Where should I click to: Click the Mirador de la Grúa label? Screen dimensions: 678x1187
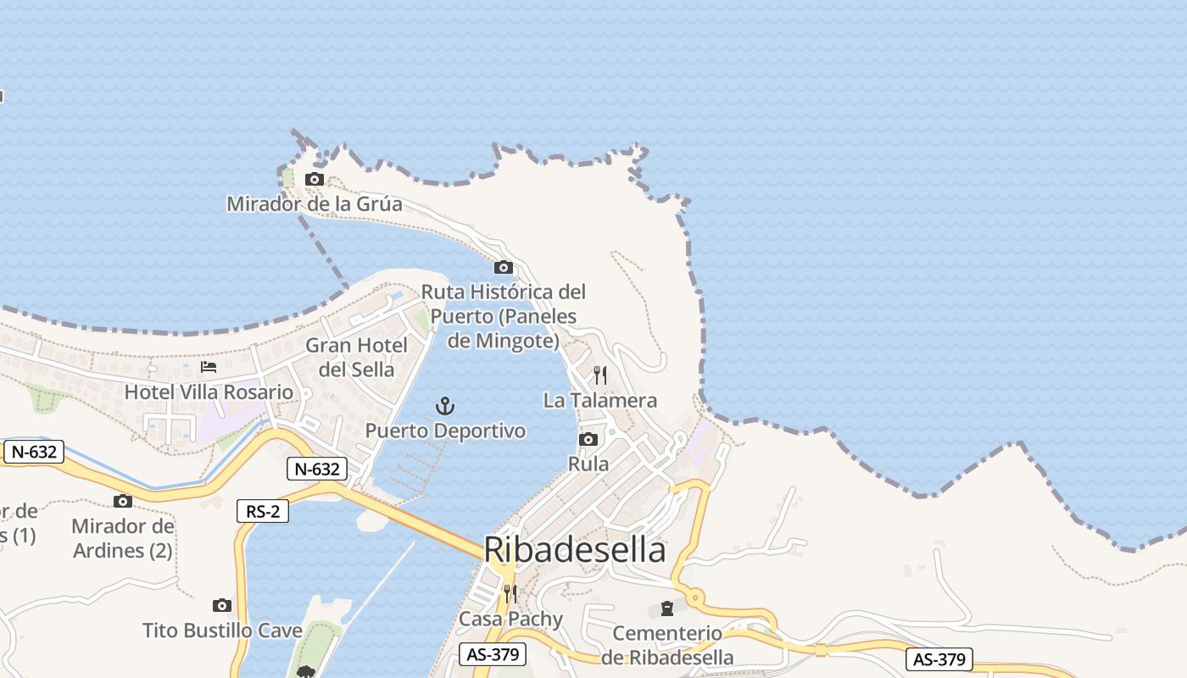314,204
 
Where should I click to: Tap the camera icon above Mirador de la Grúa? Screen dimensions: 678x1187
315,179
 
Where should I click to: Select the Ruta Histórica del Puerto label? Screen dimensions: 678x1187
504,316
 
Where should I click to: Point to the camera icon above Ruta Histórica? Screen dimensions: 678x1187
504,268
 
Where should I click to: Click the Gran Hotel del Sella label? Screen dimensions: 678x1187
356,357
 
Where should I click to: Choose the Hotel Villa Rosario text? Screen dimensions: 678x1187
209,392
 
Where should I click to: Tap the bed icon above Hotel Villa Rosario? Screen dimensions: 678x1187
209,367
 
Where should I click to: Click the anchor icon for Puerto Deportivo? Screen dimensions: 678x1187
445,406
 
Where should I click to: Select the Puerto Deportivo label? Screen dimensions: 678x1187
445,431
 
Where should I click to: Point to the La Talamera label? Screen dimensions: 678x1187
600,400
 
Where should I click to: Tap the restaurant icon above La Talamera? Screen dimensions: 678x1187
600,375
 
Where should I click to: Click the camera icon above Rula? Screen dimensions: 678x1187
588,439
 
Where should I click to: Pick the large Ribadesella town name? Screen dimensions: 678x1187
575,550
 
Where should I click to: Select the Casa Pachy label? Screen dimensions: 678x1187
510,619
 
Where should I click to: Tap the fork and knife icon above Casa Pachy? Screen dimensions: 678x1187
510,593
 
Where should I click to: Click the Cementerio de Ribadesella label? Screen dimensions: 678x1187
667,645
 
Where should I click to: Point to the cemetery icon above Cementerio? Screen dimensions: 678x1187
667,609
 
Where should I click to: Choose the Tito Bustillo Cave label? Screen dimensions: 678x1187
222,631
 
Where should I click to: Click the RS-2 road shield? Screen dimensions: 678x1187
263,511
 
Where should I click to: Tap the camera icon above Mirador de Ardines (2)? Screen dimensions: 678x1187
123,501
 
